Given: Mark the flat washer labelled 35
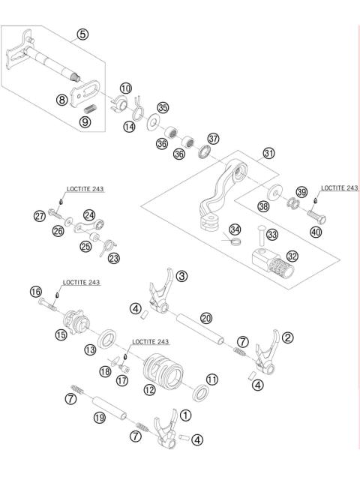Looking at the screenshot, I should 151,119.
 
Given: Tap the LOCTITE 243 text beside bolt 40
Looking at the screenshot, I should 340,188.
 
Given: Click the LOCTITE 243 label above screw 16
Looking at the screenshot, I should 81,283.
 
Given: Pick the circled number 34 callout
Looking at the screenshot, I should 235,229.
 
